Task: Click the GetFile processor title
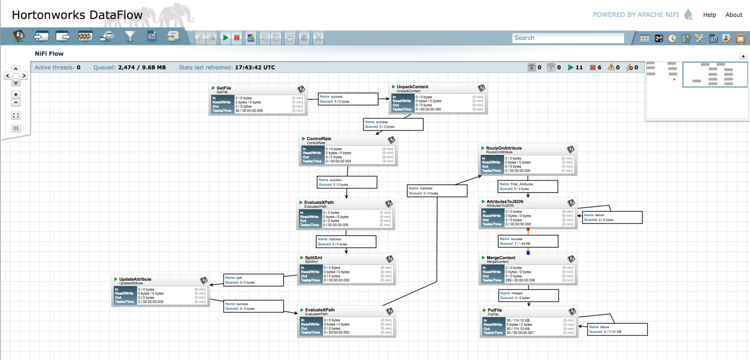(x=224, y=88)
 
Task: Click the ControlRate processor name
(x=319, y=139)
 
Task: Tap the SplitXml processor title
(x=314, y=258)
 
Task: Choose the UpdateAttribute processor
(x=160, y=291)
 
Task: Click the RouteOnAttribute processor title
(x=503, y=149)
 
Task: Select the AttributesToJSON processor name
(x=505, y=202)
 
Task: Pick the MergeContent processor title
(x=501, y=258)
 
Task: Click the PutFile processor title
(x=495, y=310)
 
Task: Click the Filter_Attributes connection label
(x=527, y=186)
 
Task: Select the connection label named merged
(x=528, y=295)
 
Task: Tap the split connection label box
(x=253, y=280)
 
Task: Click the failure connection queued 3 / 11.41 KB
(x=617, y=329)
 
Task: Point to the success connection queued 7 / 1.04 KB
(x=528, y=241)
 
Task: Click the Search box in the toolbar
(x=567, y=38)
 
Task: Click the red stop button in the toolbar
(x=237, y=38)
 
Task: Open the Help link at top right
(x=709, y=15)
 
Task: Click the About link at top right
(x=733, y=15)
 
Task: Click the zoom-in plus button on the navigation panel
(x=16, y=94)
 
